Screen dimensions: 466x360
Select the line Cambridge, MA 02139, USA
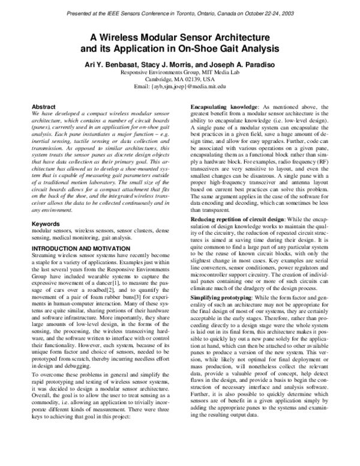pos(180,79)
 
